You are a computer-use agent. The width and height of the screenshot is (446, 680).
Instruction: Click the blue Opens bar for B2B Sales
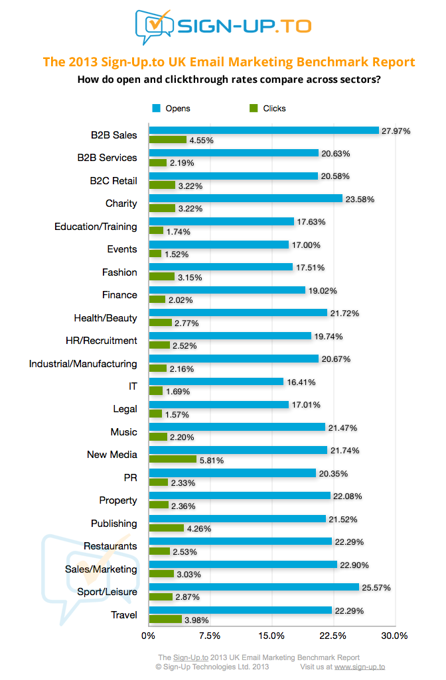tap(263, 131)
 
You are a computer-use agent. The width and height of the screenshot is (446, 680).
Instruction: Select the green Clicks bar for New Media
tap(173, 459)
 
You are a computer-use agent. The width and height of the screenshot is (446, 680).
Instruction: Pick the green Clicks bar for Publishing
tap(166, 528)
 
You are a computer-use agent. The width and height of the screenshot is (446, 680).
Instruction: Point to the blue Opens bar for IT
tap(216, 382)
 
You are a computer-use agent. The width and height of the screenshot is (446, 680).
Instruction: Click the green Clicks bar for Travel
tap(165, 619)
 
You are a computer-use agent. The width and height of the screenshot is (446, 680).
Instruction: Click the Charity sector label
tap(121, 203)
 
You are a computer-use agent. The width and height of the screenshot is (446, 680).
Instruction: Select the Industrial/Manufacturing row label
tap(83, 363)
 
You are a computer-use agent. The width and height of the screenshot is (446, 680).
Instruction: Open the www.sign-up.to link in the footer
tap(359, 667)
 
